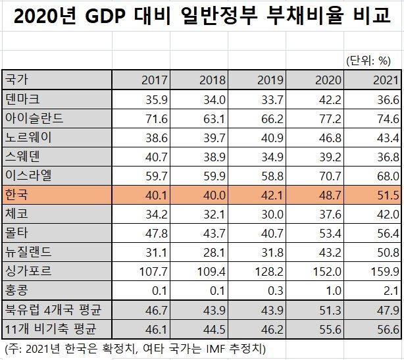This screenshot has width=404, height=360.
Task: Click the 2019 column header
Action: pos(270,80)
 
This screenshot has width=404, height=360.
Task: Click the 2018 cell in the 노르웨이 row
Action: pos(213,138)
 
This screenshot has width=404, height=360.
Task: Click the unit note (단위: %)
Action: pos(368,61)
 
